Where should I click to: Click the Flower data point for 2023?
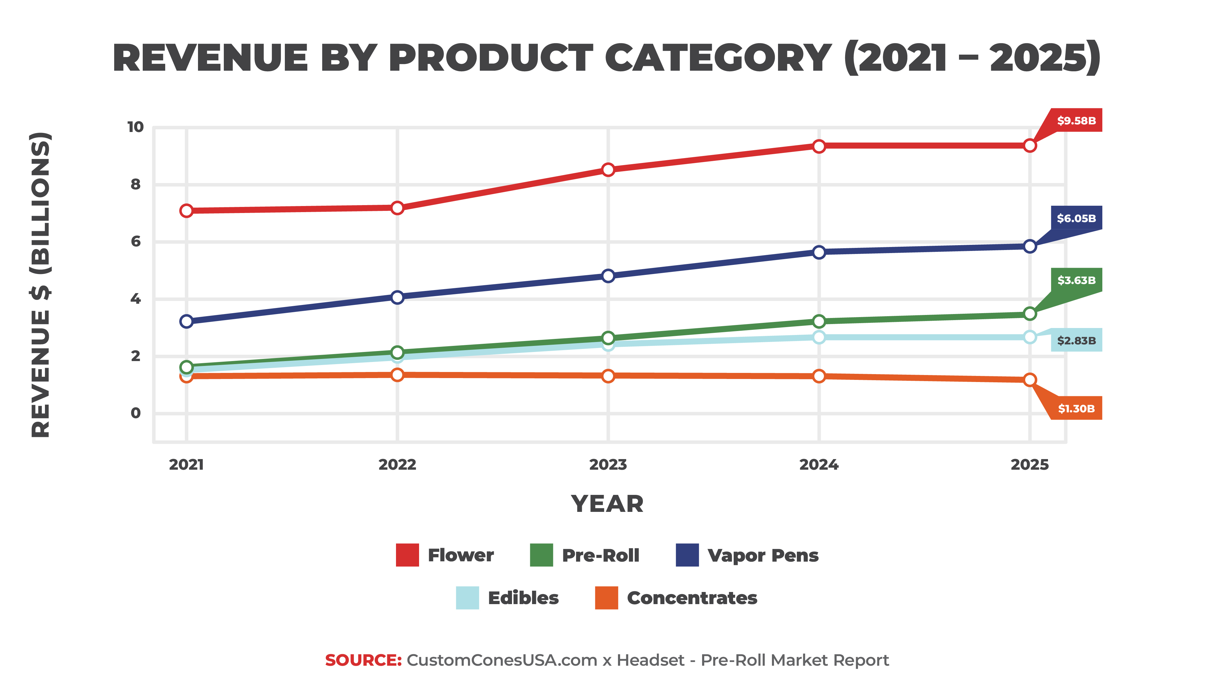(x=608, y=170)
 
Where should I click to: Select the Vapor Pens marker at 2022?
(x=397, y=297)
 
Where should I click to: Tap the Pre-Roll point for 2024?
(x=819, y=321)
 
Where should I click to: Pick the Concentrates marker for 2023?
(x=608, y=376)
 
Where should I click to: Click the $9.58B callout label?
(x=1076, y=121)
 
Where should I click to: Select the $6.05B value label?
(x=1076, y=218)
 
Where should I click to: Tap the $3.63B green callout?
(x=1076, y=280)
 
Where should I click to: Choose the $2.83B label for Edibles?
(x=1076, y=340)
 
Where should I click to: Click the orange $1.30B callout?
(x=1076, y=408)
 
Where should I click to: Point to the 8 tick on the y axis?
(x=135, y=184)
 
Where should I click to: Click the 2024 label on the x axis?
(x=819, y=465)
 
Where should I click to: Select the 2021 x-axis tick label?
(x=186, y=465)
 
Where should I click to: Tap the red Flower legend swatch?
(x=407, y=555)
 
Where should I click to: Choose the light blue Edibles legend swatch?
(x=467, y=598)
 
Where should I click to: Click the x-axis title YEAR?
(x=607, y=504)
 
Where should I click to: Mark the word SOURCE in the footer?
(x=363, y=660)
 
